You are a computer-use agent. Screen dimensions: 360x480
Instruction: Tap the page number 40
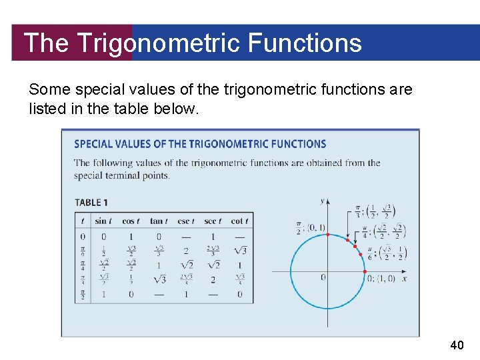click(x=457, y=345)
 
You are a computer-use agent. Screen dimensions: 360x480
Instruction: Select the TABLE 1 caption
click(x=91, y=203)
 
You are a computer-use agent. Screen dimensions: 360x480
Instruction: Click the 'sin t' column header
click(x=103, y=221)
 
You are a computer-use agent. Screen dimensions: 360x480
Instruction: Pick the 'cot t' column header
click(x=239, y=221)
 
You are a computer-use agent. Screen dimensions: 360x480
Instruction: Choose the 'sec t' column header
click(x=213, y=221)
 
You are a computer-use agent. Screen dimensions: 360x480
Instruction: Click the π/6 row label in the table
click(x=83, y=251)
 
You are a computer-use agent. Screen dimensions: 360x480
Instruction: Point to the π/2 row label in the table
click(x=83, y=294)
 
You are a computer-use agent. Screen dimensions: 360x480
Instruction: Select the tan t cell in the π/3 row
click(x=159, y=280)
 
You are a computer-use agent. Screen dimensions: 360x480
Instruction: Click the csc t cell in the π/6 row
click(x=186, y=251)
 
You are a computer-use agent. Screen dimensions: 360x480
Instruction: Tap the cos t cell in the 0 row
click(x=131, y=237)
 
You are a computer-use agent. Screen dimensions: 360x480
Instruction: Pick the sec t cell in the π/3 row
click(x=213, y=280)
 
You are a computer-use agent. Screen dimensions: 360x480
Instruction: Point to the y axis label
click(x=323, y=201)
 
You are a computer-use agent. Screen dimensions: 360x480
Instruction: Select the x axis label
click(x=404, y=278)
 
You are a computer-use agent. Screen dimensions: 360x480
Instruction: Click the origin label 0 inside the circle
click(x=323, y=277)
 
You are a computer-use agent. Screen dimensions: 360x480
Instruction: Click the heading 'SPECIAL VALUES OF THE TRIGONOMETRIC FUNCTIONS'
click(x=200, y=144)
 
